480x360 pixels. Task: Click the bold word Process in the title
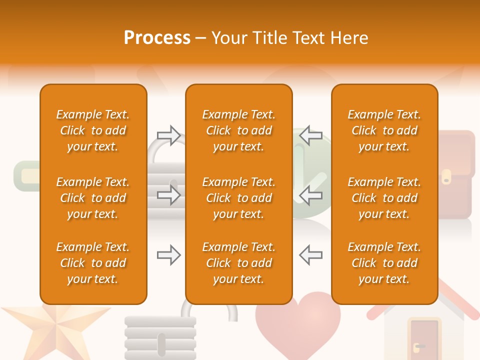157,38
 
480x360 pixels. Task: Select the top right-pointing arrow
168,135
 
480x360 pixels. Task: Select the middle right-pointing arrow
168,195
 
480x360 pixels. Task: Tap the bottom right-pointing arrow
168,255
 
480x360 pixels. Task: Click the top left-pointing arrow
310,135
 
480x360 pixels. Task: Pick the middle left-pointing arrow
310,195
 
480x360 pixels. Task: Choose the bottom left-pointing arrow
310,255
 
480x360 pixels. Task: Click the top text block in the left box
93,130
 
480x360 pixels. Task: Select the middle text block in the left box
93,198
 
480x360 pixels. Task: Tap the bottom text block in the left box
93,263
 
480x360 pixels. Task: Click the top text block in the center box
238,130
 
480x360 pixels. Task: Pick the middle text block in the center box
238,198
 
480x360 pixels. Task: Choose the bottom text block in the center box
238,263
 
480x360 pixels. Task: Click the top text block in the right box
384,130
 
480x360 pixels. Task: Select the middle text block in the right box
384,198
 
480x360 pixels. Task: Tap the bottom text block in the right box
384,263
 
